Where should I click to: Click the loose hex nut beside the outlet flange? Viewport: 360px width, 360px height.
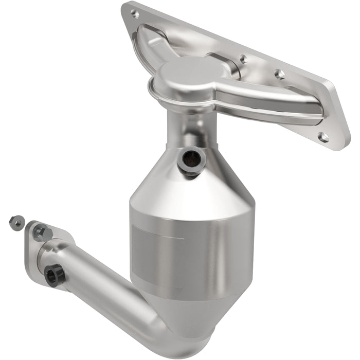pyautogui.click(x=15, y=222)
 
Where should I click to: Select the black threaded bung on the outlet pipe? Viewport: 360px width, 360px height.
pyautogui.click(x=53, y=275)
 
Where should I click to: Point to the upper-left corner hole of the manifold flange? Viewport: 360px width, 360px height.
pyautogui.click(x=135, y=14)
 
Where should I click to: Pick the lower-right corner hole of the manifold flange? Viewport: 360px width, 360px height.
pyautogui.click(x=323, y=137)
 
